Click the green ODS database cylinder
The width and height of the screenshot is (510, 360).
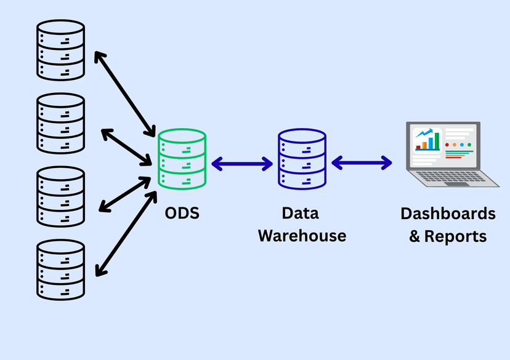182,159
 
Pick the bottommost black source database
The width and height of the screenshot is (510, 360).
60,270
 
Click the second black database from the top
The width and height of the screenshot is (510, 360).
60,122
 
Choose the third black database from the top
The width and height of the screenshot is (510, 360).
60,196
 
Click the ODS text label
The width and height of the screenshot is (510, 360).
182,214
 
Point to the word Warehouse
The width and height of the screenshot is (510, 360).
302,236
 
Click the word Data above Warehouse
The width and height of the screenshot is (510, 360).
301,214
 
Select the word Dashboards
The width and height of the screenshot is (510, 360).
448,214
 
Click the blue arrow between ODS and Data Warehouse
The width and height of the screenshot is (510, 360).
242,164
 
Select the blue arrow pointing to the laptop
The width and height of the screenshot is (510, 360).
362,163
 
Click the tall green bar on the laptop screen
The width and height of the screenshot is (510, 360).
437,140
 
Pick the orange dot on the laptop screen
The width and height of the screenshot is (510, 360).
455,145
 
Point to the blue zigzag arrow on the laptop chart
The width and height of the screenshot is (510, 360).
424,132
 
